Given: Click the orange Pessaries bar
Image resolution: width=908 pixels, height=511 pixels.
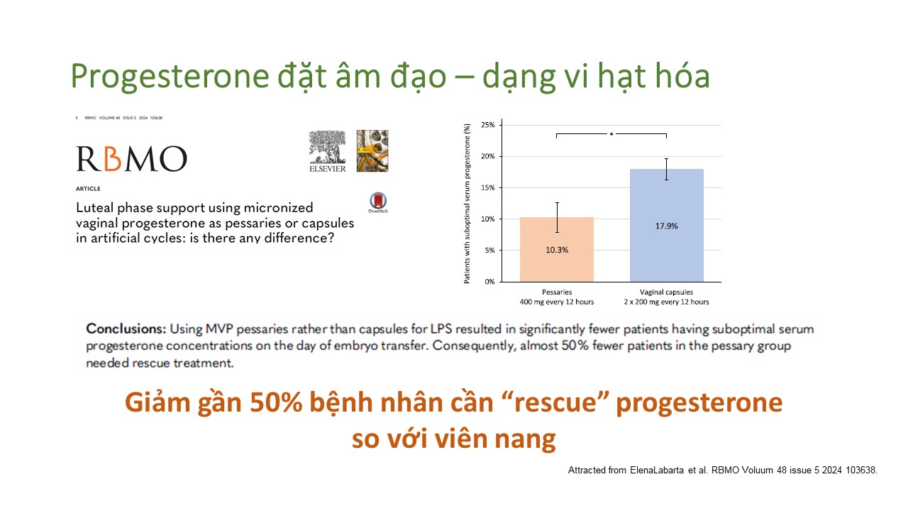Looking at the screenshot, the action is click(x=557, y=249).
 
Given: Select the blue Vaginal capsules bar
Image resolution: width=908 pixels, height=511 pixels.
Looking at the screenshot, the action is click(x=666, y=225).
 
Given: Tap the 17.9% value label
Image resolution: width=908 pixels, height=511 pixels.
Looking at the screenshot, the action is click(x=666, y=226).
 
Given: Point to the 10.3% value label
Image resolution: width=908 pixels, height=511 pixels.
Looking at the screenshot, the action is click(x=557, y=250).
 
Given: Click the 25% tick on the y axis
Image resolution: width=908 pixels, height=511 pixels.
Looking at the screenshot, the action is click(x=488, y=125).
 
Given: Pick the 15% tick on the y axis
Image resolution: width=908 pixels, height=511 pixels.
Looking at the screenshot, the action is click(x=488, y=188).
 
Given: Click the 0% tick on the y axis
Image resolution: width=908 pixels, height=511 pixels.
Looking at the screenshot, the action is click(x=489, y=282).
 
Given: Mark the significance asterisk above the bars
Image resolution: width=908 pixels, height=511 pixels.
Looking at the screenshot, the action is click(x=611, y=134).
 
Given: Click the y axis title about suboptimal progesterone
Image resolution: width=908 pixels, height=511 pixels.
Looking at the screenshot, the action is click(x=467, y=204).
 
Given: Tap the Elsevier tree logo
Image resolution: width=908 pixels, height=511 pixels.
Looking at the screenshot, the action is click(x=328, y=151).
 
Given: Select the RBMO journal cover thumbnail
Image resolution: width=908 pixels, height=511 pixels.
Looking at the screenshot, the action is click(x=372, y=151).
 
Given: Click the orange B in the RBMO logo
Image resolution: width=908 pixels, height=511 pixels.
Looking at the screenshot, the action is click(x=113, y=158).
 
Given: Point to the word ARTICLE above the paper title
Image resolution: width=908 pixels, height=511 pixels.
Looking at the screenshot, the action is click(x=88, y=189).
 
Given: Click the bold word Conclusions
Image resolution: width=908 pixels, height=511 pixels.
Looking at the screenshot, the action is click(x=126, y=329).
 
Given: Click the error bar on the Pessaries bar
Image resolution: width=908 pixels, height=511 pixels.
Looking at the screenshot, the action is click(x=557, y=217).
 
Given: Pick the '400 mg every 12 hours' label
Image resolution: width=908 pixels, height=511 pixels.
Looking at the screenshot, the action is click(x=557, y=302).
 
